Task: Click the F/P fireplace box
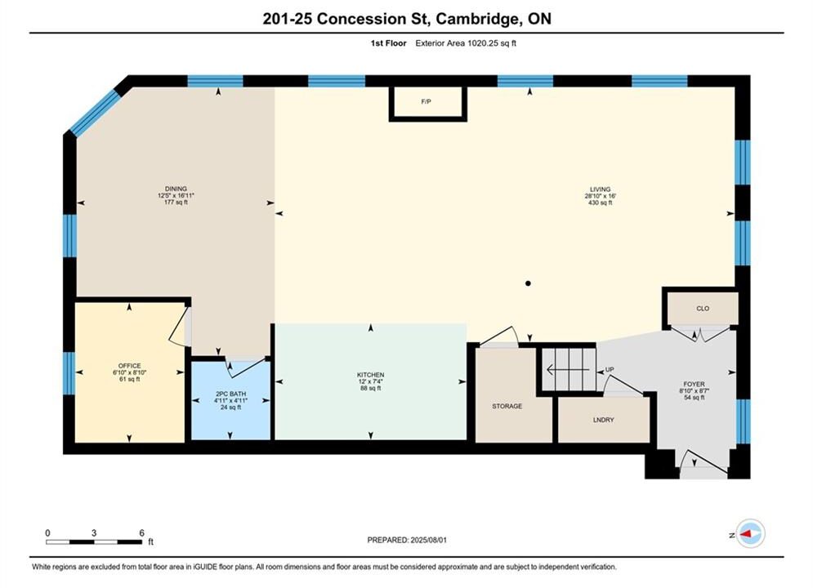[x=428, y=103]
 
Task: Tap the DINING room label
[x=176, y=189]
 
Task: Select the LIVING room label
[x=600, y=189]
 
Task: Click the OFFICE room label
[x=130, y=366]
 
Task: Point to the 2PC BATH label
[x=230, y=394]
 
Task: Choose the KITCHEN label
[x=370, y=375]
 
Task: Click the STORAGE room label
[x=507, y=406]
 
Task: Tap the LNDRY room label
[x=604, y=420]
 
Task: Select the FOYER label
[x=694, y=385]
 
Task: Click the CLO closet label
[x=703, y=308]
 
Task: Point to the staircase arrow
[x=568, y=370]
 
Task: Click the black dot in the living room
[x=528, y=283]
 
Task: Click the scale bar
[x=94, y=542]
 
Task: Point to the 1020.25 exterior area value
[x=483, y=43]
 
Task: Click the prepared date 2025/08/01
[x=428, y=540]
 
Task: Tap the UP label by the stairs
[x=610, y=369]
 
